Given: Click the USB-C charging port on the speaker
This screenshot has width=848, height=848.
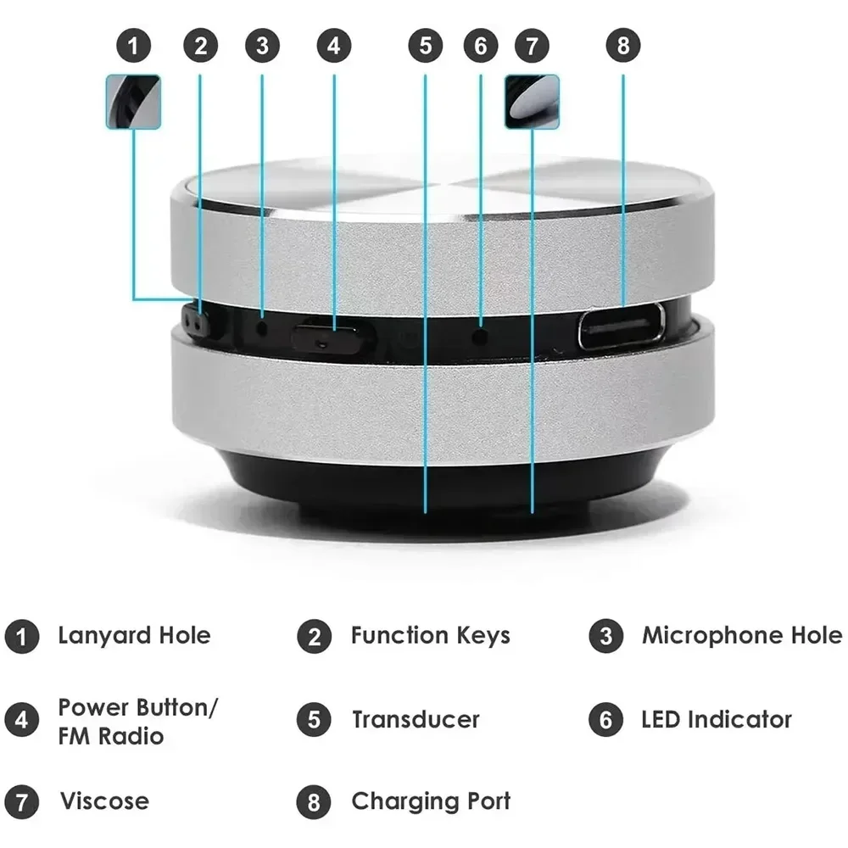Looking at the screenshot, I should point(621,327).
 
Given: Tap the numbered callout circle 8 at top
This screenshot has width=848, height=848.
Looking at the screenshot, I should point(623,45).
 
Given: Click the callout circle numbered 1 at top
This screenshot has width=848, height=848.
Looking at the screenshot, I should point(133,45).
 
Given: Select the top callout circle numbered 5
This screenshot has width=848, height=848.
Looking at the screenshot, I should point(425,45).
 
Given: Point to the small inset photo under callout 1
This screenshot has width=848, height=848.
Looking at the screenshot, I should point(133,102).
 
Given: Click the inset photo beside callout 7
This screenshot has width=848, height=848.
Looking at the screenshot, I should point(532,102).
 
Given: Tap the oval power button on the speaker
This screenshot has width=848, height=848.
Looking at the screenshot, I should point(332,337).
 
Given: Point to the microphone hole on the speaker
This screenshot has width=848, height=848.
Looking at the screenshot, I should point(262,326).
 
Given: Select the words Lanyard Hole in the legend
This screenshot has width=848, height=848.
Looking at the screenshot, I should point(134,635).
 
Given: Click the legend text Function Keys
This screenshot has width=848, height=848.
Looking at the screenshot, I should point(430,635).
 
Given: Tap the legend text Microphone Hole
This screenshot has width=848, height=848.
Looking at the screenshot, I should point(741,635).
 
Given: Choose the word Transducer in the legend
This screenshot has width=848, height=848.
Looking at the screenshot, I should point(416,720).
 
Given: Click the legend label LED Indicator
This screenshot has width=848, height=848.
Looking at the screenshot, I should point(716,720).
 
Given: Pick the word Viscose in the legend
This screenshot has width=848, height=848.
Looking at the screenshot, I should point(103,801).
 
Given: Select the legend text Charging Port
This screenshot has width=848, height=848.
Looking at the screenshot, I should point(431,801).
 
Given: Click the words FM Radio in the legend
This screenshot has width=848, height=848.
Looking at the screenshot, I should point(110,735).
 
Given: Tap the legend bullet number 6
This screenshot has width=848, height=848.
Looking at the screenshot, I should point(605,721).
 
